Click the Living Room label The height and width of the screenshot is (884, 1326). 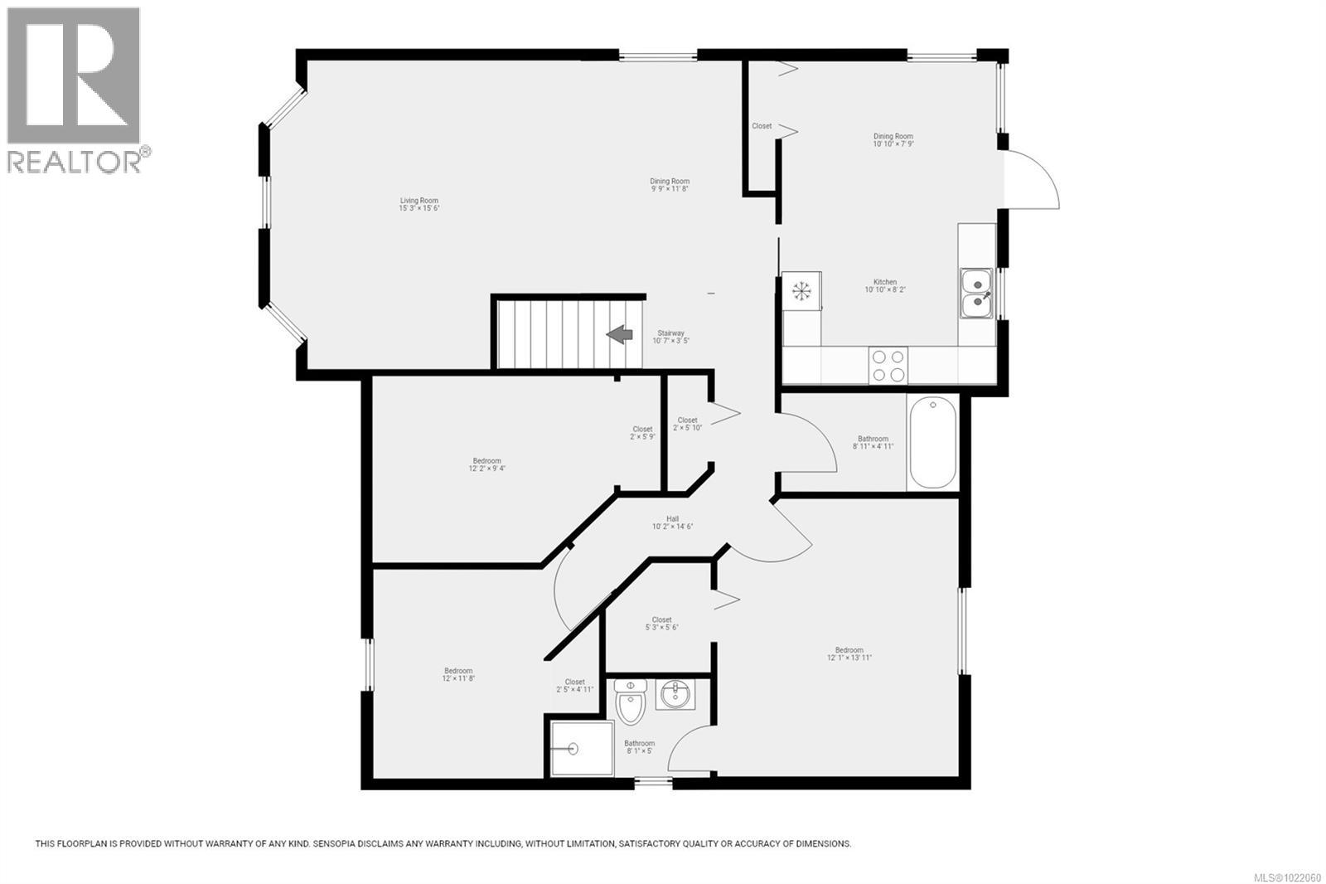(x=419, y=204)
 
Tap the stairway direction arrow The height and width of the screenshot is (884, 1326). (x=619, y=334)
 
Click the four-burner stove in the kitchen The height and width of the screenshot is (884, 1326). (x=888, y=366)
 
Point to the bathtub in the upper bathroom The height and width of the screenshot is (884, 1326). (x=933, y=443)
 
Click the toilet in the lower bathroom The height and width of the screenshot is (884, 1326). (x=632, y=702)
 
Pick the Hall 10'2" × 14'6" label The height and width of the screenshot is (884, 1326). (x=672, y=522)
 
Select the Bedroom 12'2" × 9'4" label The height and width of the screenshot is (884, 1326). (x=486, y=464)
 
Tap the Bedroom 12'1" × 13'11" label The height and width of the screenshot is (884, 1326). (x=849, y=654)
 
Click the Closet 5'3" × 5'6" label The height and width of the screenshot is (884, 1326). (x=661, y=624)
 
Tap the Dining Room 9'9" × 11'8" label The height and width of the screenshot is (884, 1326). (x=670, y=185)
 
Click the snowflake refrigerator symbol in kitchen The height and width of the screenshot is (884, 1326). (x=801, y=291)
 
